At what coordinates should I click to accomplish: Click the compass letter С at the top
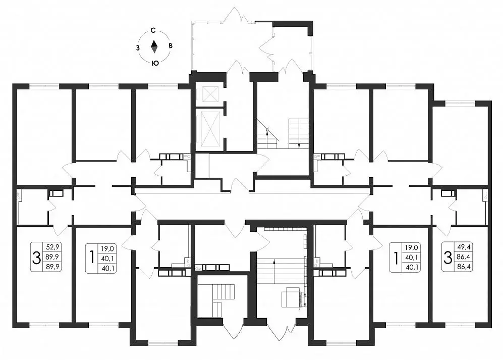(154, 31)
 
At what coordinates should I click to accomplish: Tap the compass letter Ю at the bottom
(155, 63)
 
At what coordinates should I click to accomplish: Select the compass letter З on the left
(138, 47)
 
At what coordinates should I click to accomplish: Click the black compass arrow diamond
(154, 47)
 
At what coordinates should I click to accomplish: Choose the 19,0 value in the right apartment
(412, 247)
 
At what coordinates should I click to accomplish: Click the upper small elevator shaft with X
(208, 93)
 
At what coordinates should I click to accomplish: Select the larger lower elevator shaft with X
(208, 129)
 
